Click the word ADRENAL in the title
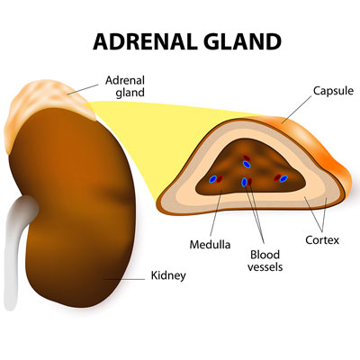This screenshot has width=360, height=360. (x=141, y=41)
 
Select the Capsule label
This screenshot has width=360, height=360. (x=333, y=91)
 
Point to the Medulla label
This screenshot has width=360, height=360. (x=210, y=245)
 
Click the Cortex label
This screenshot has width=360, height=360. (x=322, y=240)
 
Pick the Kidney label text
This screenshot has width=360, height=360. (x=168, y=275)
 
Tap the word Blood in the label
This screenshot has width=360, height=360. (x=265, y=255)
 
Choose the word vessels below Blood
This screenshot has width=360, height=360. (x=265, y=266)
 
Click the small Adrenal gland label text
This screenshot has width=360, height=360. (x=125, y=86)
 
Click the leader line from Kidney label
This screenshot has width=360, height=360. (x=124, y=279)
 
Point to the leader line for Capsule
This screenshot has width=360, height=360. (x=296, y=110)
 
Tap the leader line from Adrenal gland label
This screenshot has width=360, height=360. (x=83, y=89)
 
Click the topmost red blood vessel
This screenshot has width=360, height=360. (x=247, y=157)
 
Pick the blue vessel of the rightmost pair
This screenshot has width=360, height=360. (x=283, y=179)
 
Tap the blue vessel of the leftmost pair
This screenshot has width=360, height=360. (x=213, y=179)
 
